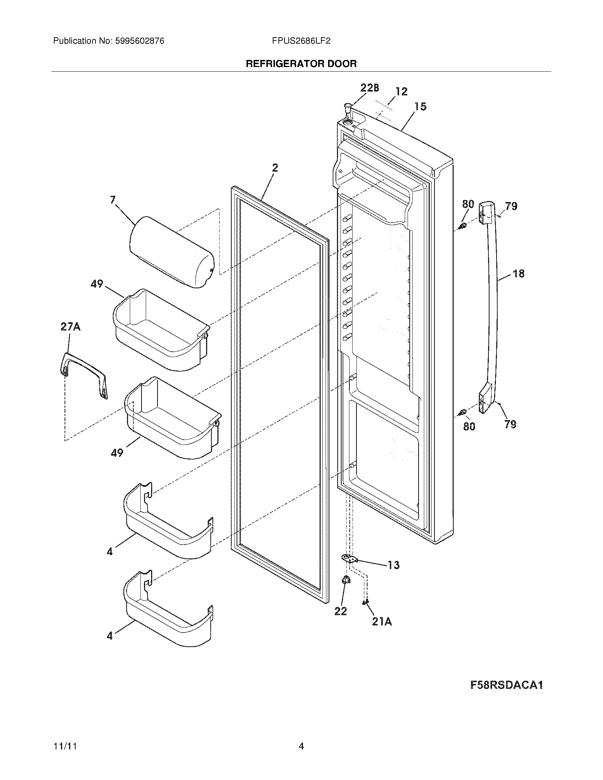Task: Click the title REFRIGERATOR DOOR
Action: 301,64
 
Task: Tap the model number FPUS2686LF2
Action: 301,41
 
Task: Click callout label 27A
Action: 70,327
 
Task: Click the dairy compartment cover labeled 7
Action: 171,252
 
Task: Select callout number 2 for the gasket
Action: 275,168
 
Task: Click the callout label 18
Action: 518,274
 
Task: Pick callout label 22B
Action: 369,88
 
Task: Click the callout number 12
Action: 402,91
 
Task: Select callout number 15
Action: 420,106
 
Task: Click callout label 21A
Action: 382,622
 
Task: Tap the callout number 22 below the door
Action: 341,611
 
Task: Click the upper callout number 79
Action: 511,206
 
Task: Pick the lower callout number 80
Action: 469,426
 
